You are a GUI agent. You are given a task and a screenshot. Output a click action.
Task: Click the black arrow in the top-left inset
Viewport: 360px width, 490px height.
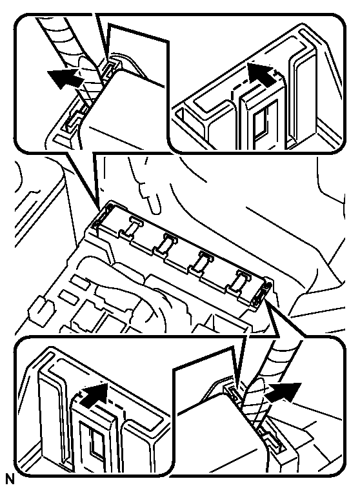tap(64, 77)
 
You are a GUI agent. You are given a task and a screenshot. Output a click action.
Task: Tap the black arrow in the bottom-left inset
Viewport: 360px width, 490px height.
tap(94, 394)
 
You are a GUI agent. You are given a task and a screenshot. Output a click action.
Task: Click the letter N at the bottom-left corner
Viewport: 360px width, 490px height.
tap(10, 480)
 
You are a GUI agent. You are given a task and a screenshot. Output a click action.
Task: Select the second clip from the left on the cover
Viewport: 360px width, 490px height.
tap(165, 244)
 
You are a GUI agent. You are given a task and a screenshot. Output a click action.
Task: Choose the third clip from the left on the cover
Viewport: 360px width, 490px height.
tap(201, 261)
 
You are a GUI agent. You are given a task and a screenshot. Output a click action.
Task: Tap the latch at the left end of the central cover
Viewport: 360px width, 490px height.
tap(103, 215)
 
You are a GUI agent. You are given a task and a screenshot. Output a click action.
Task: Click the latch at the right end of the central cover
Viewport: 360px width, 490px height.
tap(262, 291)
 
